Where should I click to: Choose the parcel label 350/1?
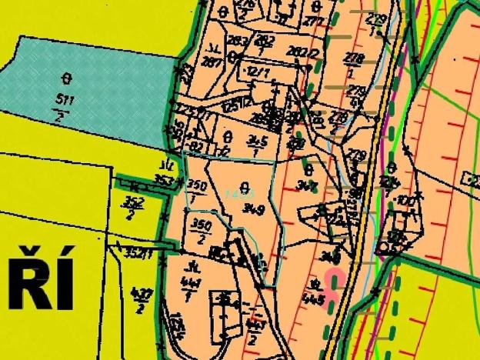point(197,192)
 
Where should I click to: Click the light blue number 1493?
point(245,193)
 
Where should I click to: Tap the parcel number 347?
point(310,185)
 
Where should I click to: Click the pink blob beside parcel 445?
point(334,281)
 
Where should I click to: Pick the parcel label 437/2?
point(140,301)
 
